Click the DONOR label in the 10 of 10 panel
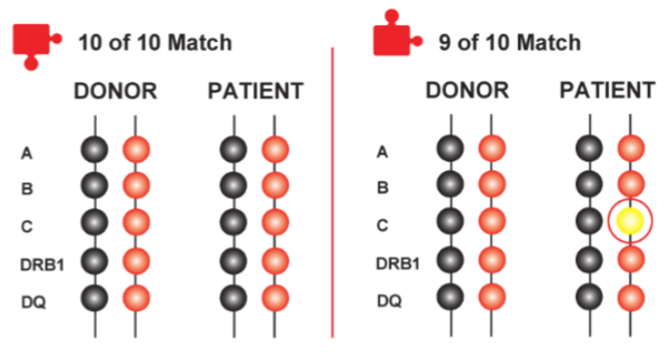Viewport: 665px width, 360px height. pyautogui.click(x=117, y=92)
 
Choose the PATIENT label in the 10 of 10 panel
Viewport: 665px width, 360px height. pyautogui.click(x=255, y=92)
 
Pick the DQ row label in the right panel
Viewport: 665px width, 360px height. pyautogui.click(x=390, y=298)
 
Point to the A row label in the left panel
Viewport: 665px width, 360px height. pyautogui.click(x=25, y=153)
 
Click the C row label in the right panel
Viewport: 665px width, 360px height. pyautogui.click(x=382, y=225)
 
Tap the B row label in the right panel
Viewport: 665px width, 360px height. pyautogui.click(x=382, y=188)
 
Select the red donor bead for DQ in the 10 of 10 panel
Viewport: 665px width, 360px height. pyautogui.click(x=136, y=297)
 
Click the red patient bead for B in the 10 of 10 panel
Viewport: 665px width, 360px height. pyautogui.click(x=274, y=187)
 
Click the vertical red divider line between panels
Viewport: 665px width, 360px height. pyautogui.click(x=331, y=200)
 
